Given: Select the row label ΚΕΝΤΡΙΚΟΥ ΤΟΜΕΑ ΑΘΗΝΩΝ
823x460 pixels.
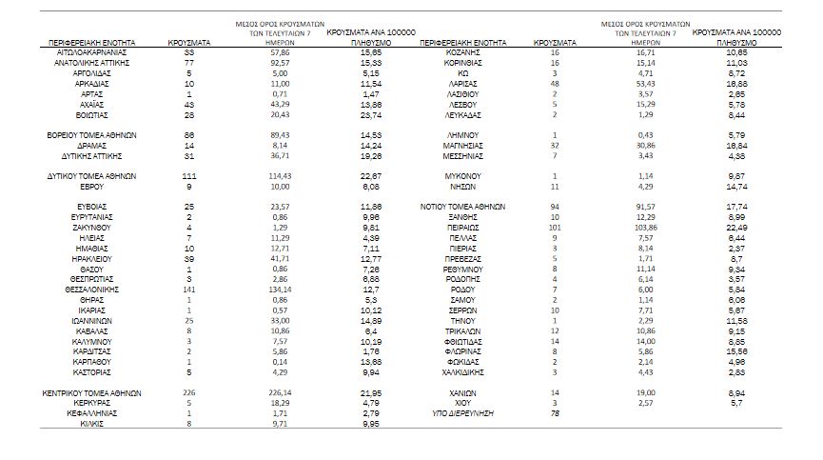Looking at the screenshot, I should click(92, 393).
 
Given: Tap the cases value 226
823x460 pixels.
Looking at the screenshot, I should click(188, 393).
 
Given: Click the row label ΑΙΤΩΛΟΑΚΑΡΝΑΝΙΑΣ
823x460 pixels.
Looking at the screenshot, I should click(92, 51).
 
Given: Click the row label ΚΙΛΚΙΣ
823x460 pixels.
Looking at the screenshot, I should click(92, 425).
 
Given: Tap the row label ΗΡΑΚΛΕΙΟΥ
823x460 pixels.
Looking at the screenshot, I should click(92, 258).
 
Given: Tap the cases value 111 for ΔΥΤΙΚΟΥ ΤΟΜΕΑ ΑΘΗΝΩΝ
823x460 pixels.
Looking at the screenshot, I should click(188, 177).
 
